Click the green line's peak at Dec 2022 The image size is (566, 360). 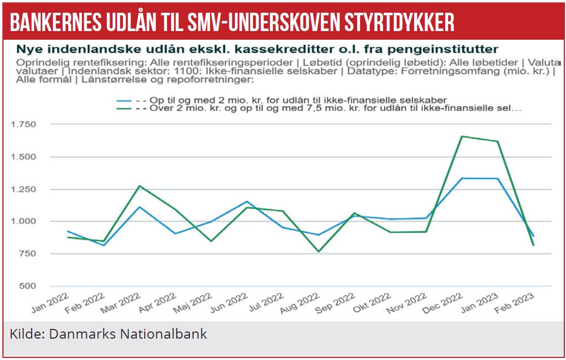tap(462, 136)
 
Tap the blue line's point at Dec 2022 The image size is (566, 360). tap(462, 178)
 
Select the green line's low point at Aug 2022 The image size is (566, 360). tap(319, 252)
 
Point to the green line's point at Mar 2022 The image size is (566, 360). tap(140, 186)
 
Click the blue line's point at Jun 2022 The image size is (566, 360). tap(247, 202)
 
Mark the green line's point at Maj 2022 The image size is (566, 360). tap(211, 241)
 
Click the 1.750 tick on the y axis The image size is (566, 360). tap(24, 124)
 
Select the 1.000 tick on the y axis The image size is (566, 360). tap(24, 221)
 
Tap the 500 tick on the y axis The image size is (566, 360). tap(29, 286)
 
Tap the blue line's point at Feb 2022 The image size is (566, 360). tap(104, 245)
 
